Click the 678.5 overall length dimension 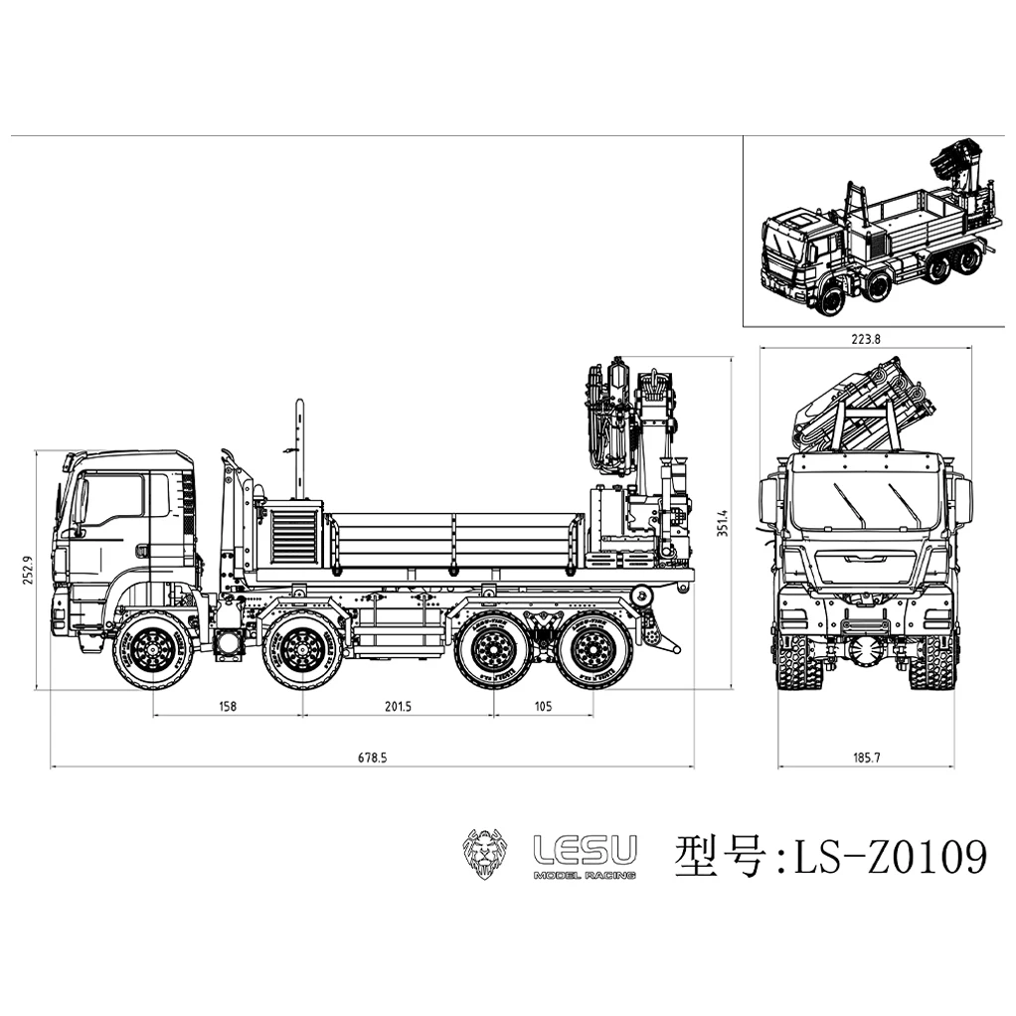tap(372, 757)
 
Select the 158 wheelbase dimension tap(227, 706)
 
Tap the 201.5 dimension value tap(398, 706)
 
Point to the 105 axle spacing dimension tap(543, 706)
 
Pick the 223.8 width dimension tap(865, 338)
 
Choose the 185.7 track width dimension tap(865, 757)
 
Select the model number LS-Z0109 tap(888, 856)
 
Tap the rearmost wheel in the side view tap(593, 651)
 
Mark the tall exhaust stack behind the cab tap(297, 447)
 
